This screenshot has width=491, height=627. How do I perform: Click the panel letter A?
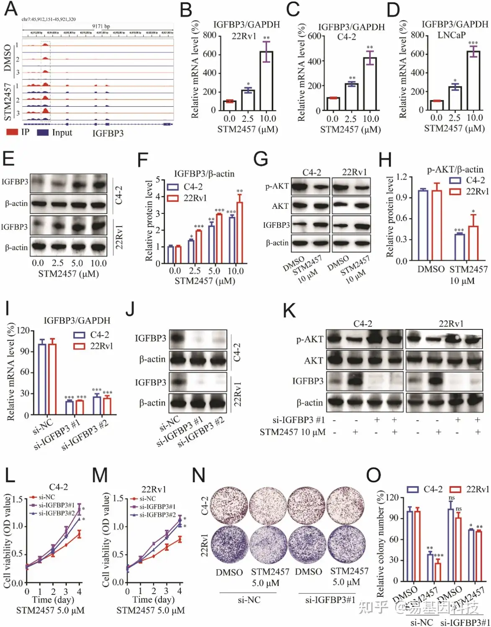coord(11,9)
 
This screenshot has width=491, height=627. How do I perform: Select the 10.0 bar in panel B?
coord(266,80)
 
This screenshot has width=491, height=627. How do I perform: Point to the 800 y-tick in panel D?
coord(417,35)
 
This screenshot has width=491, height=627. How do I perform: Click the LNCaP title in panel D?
coord(451,35)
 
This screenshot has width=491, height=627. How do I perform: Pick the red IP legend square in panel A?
coord(12,132)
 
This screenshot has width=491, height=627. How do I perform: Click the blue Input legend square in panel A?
coord(43,132)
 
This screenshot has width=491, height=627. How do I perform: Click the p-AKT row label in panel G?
coord(277,186)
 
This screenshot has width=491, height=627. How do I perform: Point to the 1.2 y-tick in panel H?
coord(402,177)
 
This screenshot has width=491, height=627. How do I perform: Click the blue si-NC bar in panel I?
coord(42,379)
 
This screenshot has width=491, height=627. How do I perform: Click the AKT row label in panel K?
coord(314,360)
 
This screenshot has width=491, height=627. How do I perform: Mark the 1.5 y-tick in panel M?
coord(118,499)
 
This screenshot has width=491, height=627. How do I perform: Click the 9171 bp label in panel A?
coord(101,26)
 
